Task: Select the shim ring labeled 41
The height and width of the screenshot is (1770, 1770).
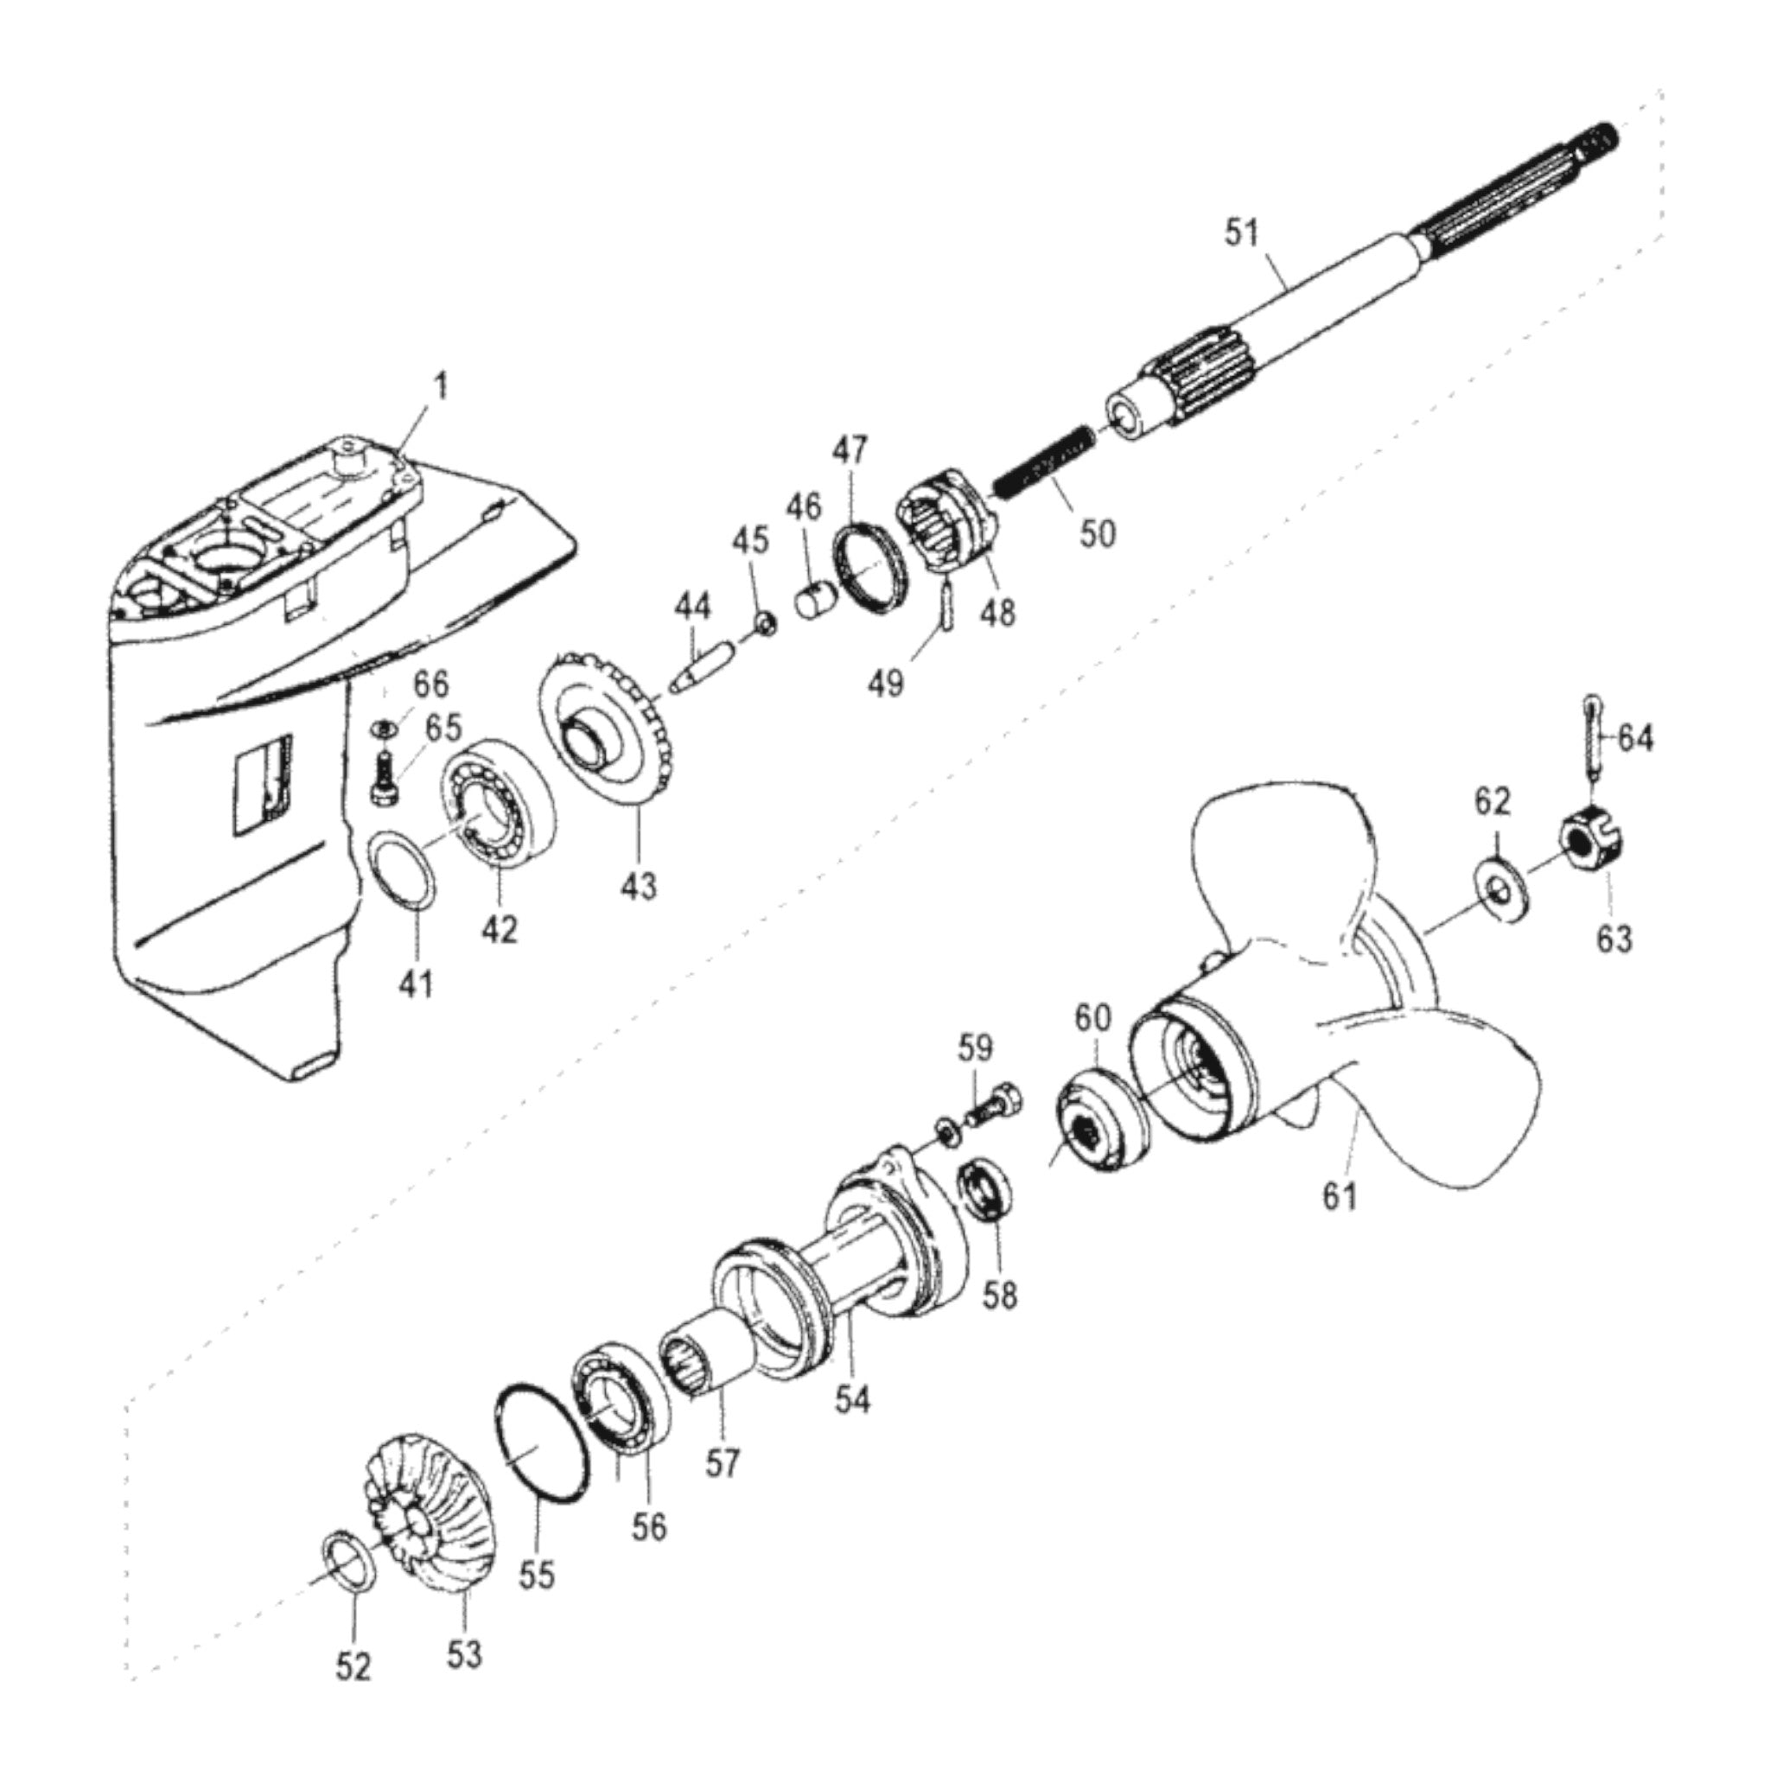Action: coord(404,869)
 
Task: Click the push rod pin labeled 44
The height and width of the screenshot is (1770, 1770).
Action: coord(700,666)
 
